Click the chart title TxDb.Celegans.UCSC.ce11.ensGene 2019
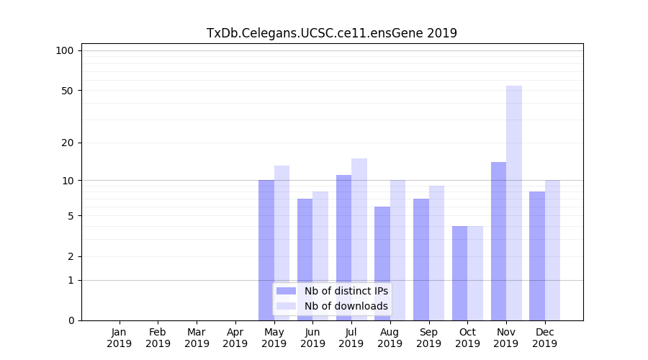[331, 33]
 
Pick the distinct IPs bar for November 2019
[498, 241]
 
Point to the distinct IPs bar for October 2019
[459, 273]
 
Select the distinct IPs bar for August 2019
[382, 264]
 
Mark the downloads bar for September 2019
[436, 253]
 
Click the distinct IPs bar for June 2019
[305, 259]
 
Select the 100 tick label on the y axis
[65, 50]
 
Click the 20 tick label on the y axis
[68, 143]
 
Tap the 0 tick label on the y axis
[71, 320]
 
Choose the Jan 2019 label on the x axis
[120, 338]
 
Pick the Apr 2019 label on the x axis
[235, 338]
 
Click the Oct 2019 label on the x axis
[467, 338]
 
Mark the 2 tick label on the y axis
[71, 256]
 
